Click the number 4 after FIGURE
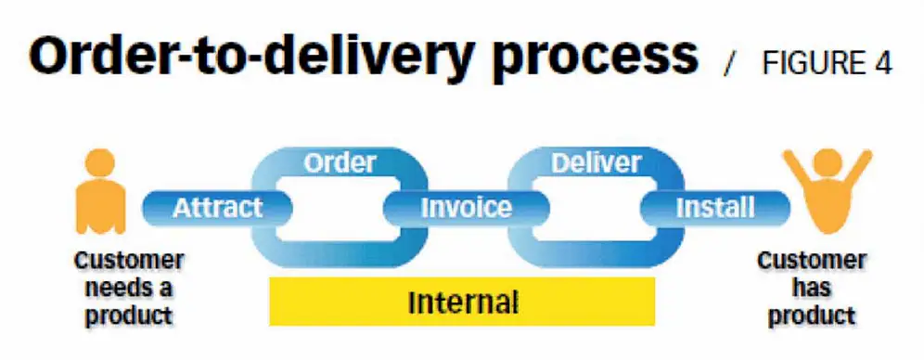[x=882, y=63]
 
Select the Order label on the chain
[x=340, y=163]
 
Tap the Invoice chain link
[x=466, y=206]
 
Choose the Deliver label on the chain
[x=596, y=163]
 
